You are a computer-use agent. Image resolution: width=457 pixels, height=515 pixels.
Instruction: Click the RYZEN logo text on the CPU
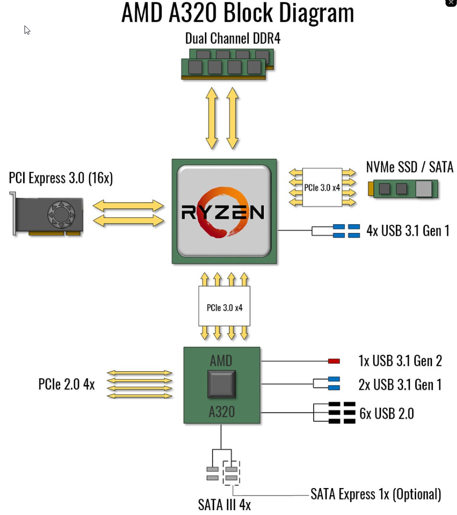pyautogui.click(x=223, y=212)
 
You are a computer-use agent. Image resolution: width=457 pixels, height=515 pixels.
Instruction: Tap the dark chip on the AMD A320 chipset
pyautogui.click(x=222, y=384)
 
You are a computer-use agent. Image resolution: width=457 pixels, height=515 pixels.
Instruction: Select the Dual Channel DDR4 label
pyautogui.click(x=233, y=39)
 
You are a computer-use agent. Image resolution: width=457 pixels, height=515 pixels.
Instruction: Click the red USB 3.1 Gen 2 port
pyautogui.click(x=334, y=361)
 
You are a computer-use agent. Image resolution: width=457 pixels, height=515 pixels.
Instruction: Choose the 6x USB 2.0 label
pyautogui.click(x=386, y=413)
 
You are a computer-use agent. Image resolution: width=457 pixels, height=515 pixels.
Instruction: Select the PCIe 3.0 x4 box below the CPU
pyautogui.click(x=225, y=307)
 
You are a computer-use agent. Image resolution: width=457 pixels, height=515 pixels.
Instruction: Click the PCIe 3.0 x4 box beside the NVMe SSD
pyautogui.click(x=322, y=187)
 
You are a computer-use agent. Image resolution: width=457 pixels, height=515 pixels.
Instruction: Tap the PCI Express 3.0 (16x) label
pyautogui.click(x=61, y=178)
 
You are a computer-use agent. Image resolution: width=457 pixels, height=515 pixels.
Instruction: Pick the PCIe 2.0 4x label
pyautogui.click(x=67, y=385)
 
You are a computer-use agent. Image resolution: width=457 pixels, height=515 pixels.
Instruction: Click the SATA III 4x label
pyautogui.click(x=224, y=504)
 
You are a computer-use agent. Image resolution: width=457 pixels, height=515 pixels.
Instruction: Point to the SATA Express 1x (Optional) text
pyautogui.click(x=376, y=494)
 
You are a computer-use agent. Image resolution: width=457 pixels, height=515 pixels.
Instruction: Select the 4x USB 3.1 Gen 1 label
pyautogui.click(x=407, y=231)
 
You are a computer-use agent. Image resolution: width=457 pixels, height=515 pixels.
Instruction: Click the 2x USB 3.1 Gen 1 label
pyautogui.click(x=400, y=385)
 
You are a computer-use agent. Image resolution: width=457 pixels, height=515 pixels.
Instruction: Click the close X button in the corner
pyautogui.click(x=451, y=3)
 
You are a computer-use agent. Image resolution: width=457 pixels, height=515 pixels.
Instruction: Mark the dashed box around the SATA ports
pyautogui.click(x=231, y=473)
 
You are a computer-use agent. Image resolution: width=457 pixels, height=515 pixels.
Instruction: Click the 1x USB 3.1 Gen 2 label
pyautogui.click(x=400, y=360)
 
